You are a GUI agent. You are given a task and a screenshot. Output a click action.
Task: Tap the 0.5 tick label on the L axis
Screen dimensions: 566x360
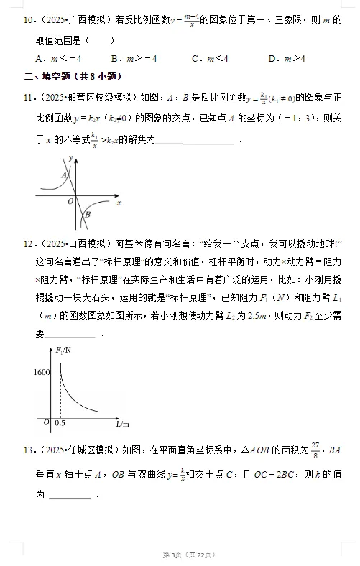click(60, 424)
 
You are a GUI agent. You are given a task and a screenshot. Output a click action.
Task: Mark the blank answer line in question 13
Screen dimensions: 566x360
click(70, 496)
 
